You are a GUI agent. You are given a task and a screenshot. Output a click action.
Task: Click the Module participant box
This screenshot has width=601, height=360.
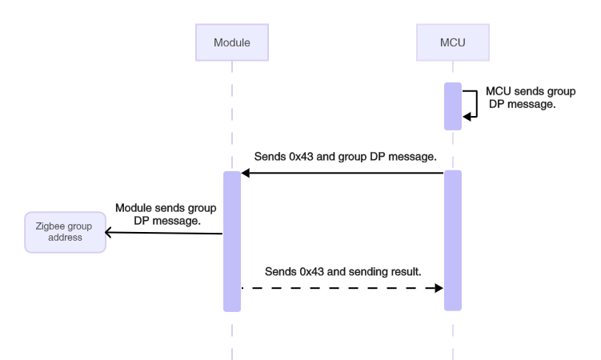[231, 42]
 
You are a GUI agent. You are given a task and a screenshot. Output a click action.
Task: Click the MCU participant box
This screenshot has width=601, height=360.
[453, 42]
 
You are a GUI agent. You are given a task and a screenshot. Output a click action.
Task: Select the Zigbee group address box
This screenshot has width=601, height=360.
[64, 232]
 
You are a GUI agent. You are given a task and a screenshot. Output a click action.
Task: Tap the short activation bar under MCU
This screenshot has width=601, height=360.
[453, 106]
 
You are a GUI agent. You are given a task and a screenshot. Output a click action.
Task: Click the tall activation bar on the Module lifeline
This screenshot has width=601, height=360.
[232, 240]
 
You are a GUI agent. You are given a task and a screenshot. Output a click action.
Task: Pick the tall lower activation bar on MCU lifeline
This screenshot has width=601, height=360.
[453, 240]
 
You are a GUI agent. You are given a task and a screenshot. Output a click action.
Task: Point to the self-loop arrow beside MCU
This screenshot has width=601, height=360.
[473, 105]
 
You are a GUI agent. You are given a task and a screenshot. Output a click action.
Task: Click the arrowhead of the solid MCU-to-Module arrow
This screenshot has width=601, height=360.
[246, 174]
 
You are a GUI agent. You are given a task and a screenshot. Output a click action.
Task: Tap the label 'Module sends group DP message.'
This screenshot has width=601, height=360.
[166, 214]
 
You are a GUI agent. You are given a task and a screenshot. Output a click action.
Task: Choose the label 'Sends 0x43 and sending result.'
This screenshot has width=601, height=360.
[343, 271]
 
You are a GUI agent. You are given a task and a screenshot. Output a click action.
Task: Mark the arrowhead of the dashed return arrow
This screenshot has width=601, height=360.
[439, 288]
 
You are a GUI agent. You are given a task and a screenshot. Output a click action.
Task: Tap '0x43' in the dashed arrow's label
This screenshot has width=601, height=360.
[314, 271]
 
